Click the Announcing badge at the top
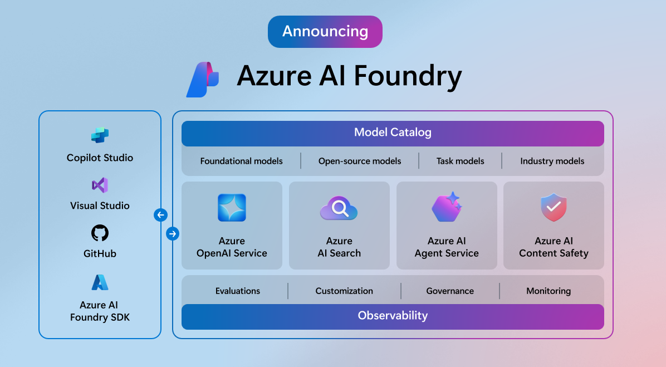[x=325, y=31]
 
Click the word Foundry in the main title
[x=408, y=76]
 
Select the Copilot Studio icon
[x=100, y=135]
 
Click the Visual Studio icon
[x=100, y=185]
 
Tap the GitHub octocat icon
[x=100, y=233]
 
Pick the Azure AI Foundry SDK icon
[x=100, y=283]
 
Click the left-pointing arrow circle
[x=160, y=215]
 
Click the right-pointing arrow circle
[x=173, y=234]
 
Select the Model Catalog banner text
[x=393, y=133]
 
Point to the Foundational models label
[x=241, y=161]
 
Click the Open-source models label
[x=360, y=161]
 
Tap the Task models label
[x=460, y=161]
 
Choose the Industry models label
[x=552, y=161]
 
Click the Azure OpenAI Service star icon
[x=232, y=208]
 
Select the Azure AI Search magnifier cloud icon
[x=339, y=209]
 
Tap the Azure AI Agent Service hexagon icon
[x=447, y=207]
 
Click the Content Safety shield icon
[x=554, y=208]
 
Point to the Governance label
[x=450, y=291]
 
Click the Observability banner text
[x=393, y=316]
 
